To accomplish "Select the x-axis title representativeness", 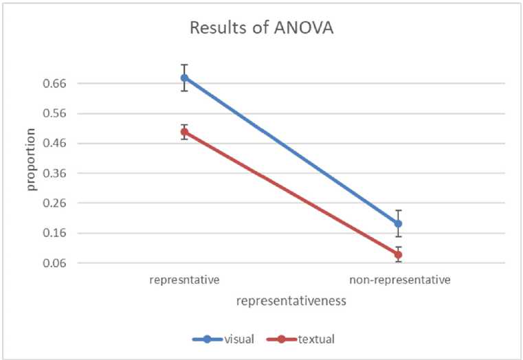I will click(291, 301).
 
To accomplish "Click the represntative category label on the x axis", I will click(184, 280).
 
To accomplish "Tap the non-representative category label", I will click(399, 280).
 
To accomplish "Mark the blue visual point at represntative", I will click(184, 78).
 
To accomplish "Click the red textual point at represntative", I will click(184, 132).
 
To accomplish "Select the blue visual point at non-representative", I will click(398, 223).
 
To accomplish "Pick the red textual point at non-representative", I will click(398, 255).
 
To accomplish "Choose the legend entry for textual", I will click(305, 338).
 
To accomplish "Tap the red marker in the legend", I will click(280, 338).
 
